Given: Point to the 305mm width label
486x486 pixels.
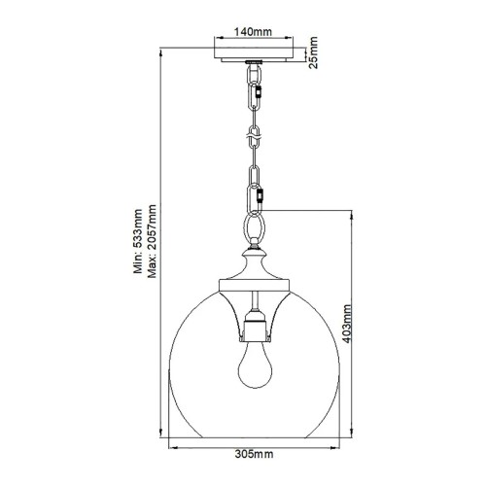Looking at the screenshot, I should [257, 453].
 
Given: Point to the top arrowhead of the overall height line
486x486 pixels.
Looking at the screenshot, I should [161, 48].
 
